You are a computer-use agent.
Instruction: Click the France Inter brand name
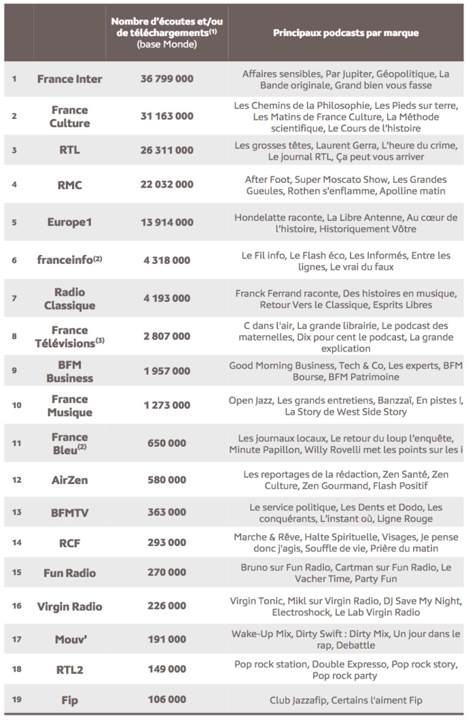69,79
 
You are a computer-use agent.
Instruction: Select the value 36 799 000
166,79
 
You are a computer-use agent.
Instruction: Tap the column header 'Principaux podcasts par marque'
346,33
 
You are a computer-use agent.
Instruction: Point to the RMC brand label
69,184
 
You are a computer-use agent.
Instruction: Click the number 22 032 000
166,184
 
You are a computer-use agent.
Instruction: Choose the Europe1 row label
69,222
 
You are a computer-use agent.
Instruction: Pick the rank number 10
16,405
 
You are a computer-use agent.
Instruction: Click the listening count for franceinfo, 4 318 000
166,260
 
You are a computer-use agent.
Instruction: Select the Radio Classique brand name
69,298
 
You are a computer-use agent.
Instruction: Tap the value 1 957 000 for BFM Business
166,371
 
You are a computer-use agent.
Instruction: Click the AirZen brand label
69,480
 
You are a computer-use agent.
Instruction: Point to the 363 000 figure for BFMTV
166,513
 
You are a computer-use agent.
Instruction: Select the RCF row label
69,543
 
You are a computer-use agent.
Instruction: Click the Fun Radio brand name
69,573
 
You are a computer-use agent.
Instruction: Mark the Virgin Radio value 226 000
166,606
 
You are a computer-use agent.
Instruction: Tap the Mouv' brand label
69,639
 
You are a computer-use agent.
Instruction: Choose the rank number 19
16,700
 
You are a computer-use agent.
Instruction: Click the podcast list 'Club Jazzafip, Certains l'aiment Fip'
346,700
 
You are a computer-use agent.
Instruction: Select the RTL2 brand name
69,670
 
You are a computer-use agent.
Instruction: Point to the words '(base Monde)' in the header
166,44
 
